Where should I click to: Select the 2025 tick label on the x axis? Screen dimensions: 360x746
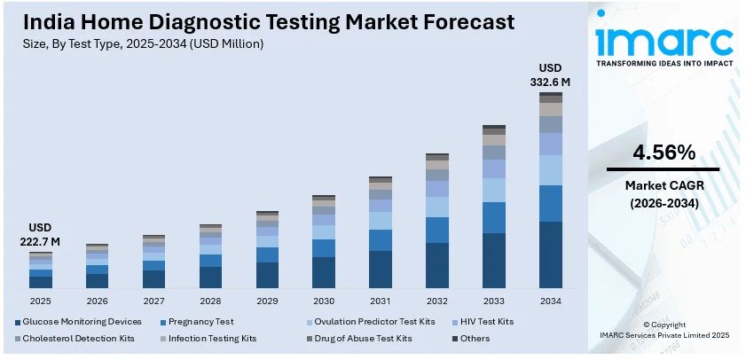(41, 301)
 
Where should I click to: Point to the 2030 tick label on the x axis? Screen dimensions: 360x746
(324, 301)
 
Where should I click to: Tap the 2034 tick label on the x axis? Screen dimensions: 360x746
(551, 301)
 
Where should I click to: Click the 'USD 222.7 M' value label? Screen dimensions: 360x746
(41, 234)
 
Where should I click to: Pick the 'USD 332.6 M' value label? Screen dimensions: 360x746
(551, 75)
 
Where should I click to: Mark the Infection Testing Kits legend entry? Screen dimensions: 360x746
(211, 338)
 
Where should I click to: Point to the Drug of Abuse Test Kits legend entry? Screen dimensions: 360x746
(365, 338)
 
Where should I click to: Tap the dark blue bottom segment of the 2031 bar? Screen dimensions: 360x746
(381, 270)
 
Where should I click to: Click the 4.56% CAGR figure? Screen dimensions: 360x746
(663, 153)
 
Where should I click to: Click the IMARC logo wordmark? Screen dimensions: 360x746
(664, 40)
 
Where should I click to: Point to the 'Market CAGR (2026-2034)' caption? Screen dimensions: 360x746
(663, 194)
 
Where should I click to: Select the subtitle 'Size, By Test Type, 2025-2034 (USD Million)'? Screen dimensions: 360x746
(143, 43)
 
